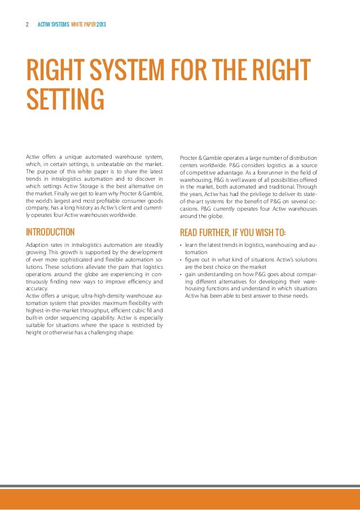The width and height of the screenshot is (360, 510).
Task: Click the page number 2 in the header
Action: (27, 25)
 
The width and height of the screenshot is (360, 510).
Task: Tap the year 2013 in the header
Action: (102, 25)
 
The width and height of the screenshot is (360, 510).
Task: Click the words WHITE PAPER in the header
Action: (83, 25)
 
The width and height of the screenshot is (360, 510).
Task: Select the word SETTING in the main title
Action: (65, 98)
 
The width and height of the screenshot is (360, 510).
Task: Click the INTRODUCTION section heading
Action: (50, 232)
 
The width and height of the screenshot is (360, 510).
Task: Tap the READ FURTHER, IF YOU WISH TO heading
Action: (232, 232)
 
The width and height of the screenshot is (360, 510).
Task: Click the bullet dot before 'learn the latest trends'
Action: (181, 245)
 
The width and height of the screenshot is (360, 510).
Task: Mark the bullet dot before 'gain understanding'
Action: (181, 274)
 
